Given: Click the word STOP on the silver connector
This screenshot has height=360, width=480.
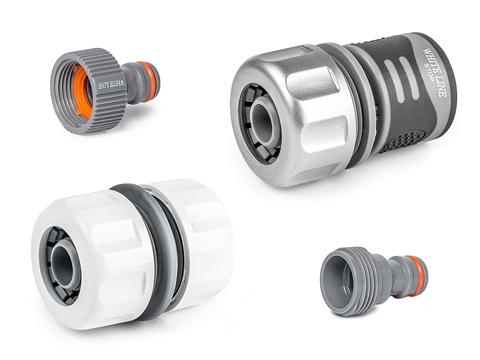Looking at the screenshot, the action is pos(428,72).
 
